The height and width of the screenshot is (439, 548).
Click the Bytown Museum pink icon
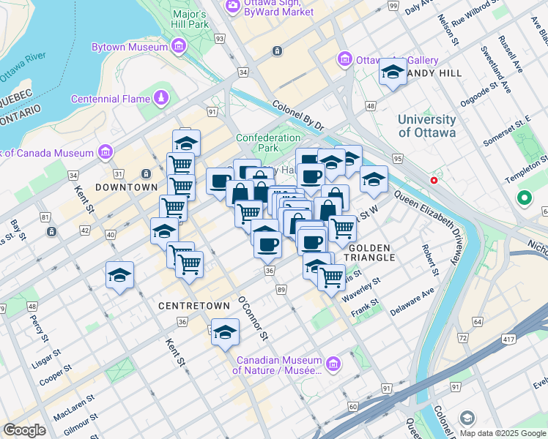click(178, 48)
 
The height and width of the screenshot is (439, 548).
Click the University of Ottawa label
click(426, 126)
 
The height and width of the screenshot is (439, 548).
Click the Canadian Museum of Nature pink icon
click(333, 364)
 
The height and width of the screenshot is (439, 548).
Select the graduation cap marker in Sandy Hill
click(393, 72)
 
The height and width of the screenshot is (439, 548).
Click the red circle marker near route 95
click(434, 180)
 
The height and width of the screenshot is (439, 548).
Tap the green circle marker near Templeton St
click(524, 198)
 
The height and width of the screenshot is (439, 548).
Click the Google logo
click(24, 429)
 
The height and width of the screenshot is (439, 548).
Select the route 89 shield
click(282, 290)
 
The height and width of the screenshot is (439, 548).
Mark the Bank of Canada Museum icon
click(105, 152)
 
